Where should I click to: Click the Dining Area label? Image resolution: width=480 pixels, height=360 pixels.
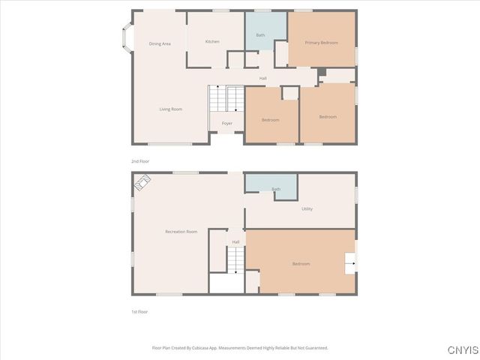click(160, 43)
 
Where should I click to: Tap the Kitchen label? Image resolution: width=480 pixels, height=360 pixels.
click(212, 41)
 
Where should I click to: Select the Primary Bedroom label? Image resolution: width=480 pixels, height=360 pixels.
click(321, 43)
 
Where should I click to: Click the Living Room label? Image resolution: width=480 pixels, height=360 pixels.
click(170, 109)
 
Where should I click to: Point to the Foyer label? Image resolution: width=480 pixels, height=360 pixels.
click(226, 123)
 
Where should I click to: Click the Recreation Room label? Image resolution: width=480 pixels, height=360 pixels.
click(181, 232)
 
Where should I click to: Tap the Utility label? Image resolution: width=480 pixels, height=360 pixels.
click(307, 208)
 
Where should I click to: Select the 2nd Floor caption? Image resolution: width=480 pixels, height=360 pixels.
click(139, 161)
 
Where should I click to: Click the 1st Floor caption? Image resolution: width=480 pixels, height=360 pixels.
click(139, 311)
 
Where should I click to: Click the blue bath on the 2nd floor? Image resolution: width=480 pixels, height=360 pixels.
click(260, 31)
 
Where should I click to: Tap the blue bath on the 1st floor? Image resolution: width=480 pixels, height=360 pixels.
click(271, 184)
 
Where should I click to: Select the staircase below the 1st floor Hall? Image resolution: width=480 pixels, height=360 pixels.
click(236, 259)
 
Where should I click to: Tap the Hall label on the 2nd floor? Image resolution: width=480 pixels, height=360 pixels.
click(262, 78)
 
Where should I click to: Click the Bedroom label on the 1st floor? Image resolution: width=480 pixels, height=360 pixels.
click(301, 263)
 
